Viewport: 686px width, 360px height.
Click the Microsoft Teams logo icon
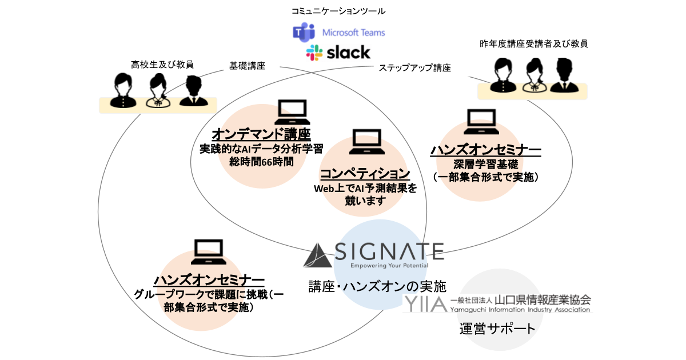304,33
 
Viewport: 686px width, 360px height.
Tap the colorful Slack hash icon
314,53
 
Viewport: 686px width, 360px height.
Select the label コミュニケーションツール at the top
338,10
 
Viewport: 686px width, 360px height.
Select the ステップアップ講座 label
414,68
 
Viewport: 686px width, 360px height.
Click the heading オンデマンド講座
261,135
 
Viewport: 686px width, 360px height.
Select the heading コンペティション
365,174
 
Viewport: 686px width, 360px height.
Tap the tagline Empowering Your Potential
388,265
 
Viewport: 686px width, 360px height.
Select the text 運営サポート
497,329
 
